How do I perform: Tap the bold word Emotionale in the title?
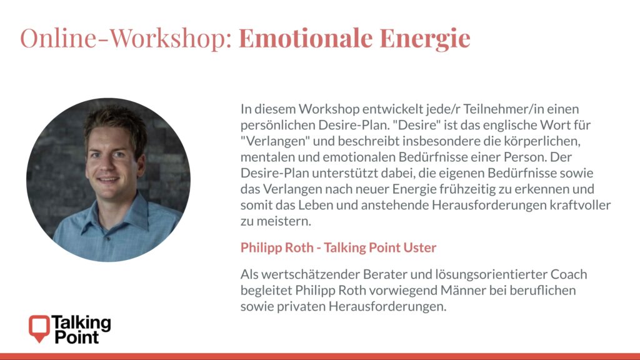tap(306, 37)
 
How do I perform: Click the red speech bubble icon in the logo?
tap(39, 327)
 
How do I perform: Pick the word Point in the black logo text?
tap(77, 337)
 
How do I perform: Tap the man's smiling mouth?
tap(108, 179)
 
